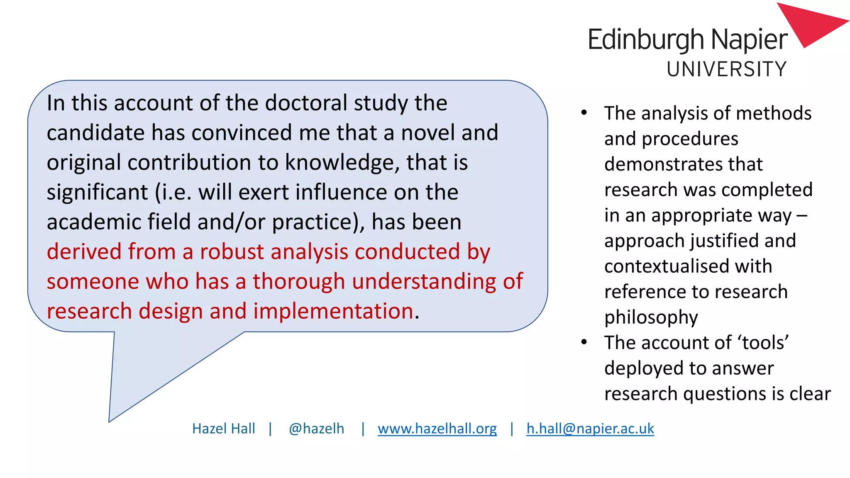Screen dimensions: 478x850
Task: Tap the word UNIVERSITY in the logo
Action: [727, 69]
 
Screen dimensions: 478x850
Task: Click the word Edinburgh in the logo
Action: [646, 40]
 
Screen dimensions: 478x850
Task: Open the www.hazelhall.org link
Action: [437, 428]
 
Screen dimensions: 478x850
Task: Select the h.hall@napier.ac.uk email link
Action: [590, 428]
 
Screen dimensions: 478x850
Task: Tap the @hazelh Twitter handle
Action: [316, 428]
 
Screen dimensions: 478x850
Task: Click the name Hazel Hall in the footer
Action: [223, 428]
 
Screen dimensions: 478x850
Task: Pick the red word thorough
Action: [299, 281]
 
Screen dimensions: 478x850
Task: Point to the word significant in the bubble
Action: [97, 193]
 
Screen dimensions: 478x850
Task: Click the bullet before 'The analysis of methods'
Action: [584, 112]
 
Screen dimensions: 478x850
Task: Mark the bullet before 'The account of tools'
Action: [584, 342]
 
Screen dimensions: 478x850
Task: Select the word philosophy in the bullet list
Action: [651, 317]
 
